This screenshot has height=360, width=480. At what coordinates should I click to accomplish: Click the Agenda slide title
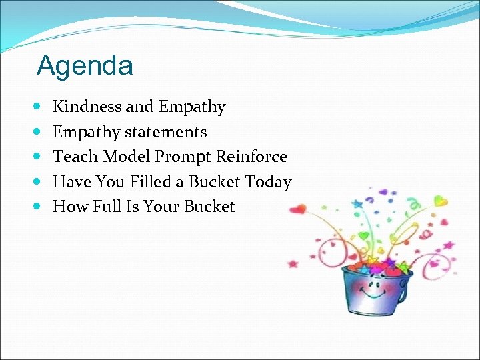[85, 65]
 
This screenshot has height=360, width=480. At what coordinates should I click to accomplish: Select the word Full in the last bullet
[107, 207]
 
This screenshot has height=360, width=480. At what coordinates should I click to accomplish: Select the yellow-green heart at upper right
[441, 200]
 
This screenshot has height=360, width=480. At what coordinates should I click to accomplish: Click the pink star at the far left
[293, 263]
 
